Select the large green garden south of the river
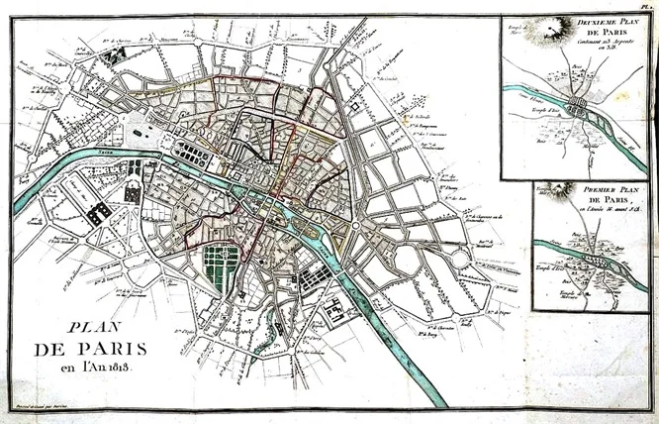pos(222,266)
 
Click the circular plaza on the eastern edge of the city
pos(355,229)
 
